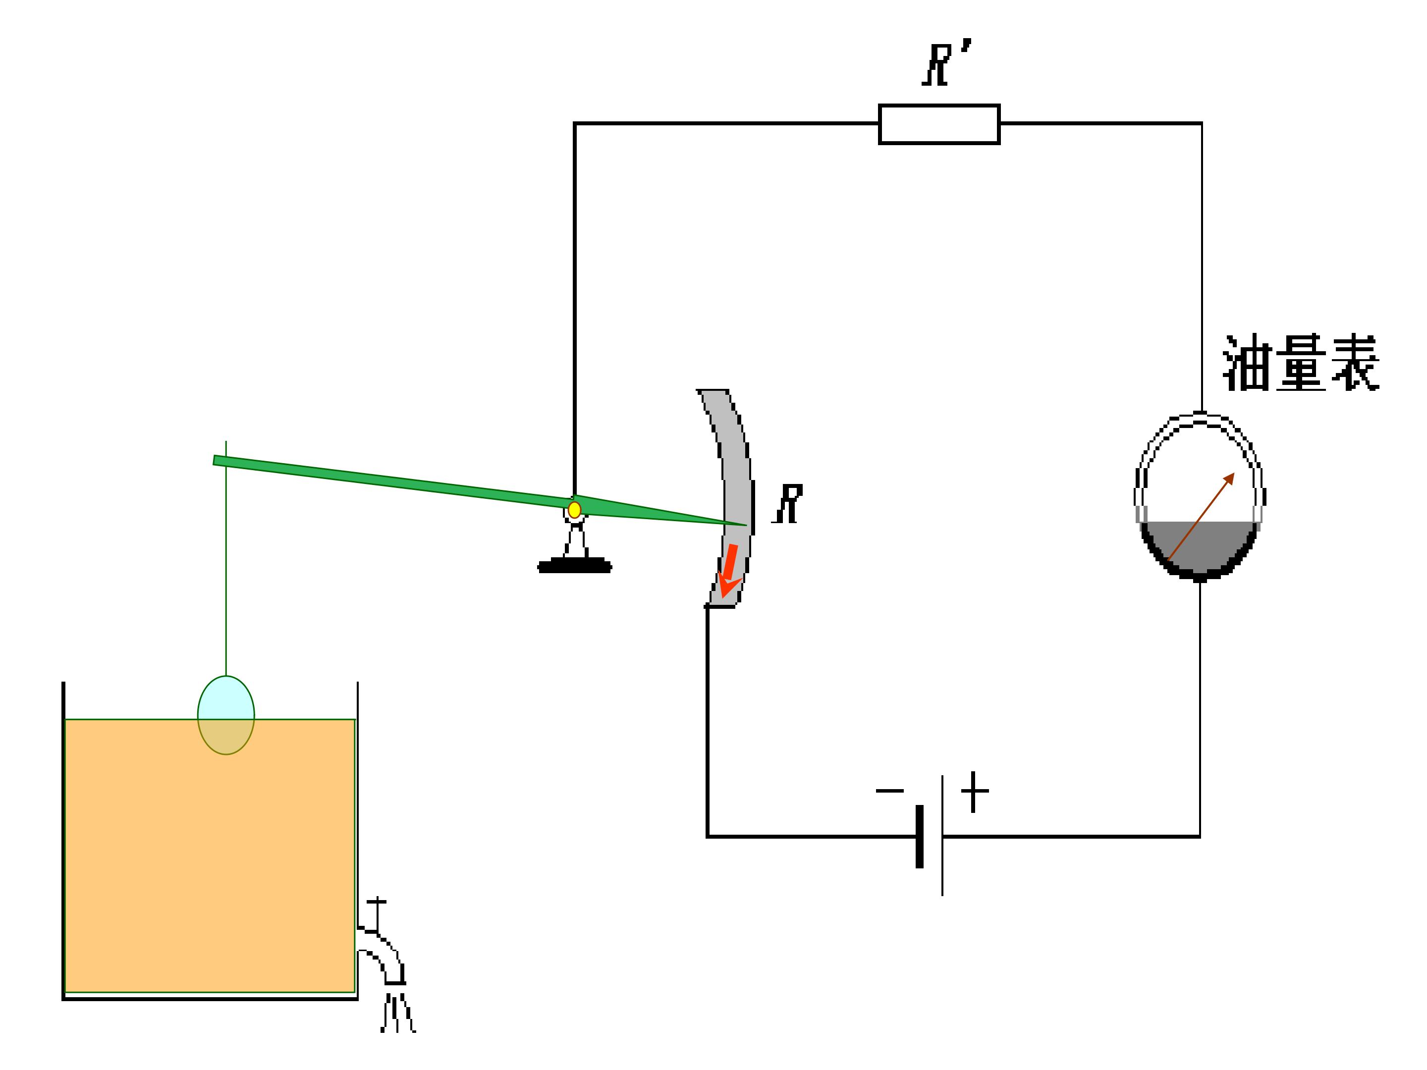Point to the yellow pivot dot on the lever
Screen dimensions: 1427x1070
click(574, 510)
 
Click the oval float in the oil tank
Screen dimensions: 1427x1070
click(226, 715)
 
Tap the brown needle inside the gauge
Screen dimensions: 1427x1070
click(1201, 517)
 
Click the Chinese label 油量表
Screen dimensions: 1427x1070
click(1301, 363)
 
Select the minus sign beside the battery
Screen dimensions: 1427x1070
click(889, 791)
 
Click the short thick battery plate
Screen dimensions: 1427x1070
click(919, 837)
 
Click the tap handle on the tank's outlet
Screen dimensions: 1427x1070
click(377, 914)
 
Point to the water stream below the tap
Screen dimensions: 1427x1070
click(397, 1013)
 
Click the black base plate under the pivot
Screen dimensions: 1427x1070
click(574, 566)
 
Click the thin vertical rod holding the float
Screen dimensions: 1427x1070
click(226, 559)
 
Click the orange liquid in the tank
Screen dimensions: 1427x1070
click(210, 858)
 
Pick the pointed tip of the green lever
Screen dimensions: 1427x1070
click(746, 525)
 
